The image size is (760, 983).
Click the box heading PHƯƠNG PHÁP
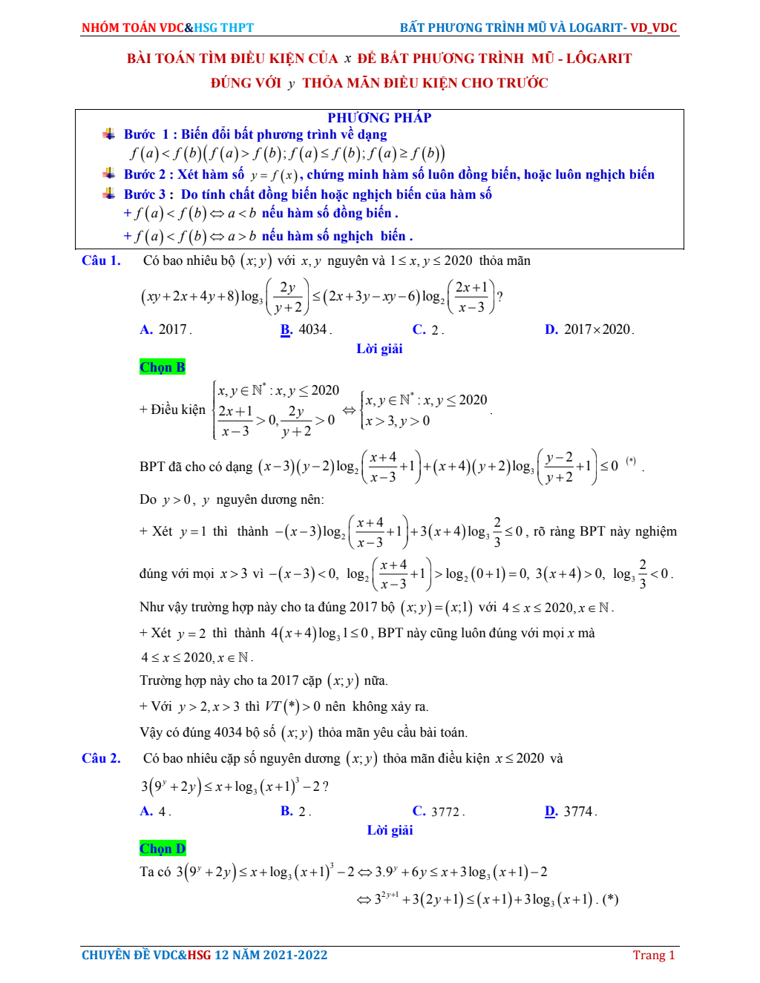tap(379, 118)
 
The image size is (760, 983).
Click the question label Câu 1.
tap(101, 260)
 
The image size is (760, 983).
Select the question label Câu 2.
tap(101, 758)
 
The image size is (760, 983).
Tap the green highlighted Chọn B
tap(162, 367)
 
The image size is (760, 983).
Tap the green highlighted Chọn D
tap(163, 849)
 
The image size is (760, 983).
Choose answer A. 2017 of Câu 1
tap(166, 329)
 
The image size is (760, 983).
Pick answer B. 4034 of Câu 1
tap(306, 329)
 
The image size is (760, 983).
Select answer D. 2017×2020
tap(589, 329)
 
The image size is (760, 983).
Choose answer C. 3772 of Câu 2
tap(438, 812)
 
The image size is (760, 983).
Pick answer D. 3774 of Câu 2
tap(571, 812)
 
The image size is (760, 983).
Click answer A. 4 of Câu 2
tap(155, 812)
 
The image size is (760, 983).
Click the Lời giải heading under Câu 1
tap(379, 349)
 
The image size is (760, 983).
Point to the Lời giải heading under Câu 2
tap(390, 830)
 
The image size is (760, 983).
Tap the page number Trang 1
tap(653, 956)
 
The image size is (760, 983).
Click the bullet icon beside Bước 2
tap(109, 174)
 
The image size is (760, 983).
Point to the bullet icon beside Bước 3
tap(109, 194)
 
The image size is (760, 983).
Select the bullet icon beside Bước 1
tap(109, 134)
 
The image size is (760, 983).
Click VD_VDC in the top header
tap(654, 28)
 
